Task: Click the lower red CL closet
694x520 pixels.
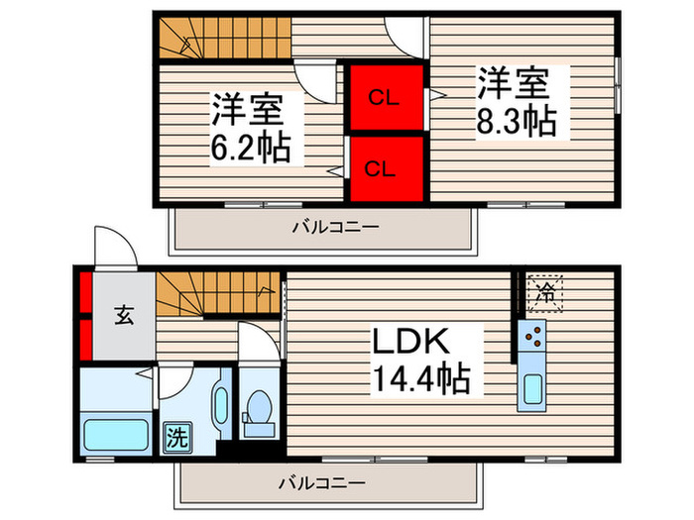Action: [385, 167]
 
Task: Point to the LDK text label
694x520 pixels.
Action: [412, 343]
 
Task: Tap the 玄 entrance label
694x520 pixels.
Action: [123, 316]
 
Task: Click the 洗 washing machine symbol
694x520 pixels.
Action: [174, 437]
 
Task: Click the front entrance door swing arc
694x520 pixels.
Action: [113, 247]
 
